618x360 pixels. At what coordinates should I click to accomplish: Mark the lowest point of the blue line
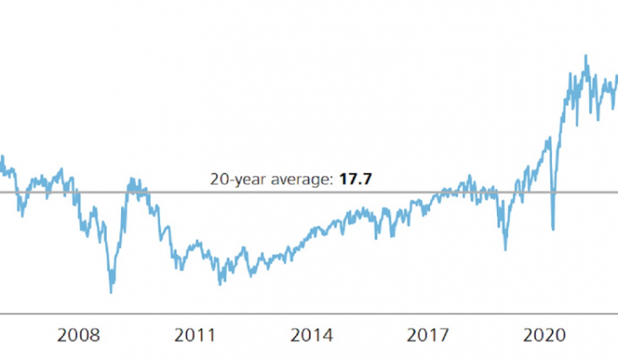pyautogui.click(x=111, y=293)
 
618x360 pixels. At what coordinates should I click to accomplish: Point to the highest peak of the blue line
pyautogui.click(x=585, y=56)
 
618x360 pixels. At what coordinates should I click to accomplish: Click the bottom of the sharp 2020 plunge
pyautogui.click(x=553, y=229)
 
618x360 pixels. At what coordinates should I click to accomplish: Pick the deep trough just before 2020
pyautogui.click(x=505, y=249)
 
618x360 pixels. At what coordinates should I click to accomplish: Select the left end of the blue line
pyautogui.click(x=1, y=157)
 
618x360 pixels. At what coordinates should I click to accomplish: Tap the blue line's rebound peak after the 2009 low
pyautogui.click(x=131, y=179)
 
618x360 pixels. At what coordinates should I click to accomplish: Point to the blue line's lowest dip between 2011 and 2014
pyautogui.click(x=220, y=284)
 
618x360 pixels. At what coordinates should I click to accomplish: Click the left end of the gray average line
pyautogui.click(x=1, y=192)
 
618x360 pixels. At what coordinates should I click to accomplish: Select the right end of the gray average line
pyautogui.click(x=617, y=192)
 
